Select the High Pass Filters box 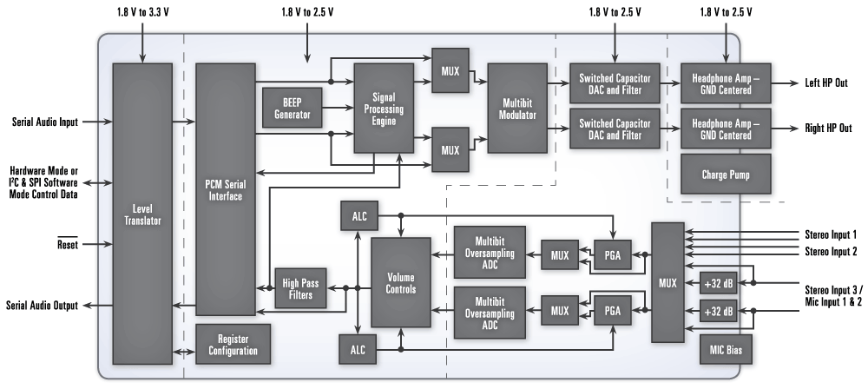click(299, 289)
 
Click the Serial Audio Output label click(42, 306)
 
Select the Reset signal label click(66, 246)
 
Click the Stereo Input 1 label click(831, 234)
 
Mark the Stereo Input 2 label click(831, 251)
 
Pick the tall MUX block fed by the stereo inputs click(667, 282)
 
